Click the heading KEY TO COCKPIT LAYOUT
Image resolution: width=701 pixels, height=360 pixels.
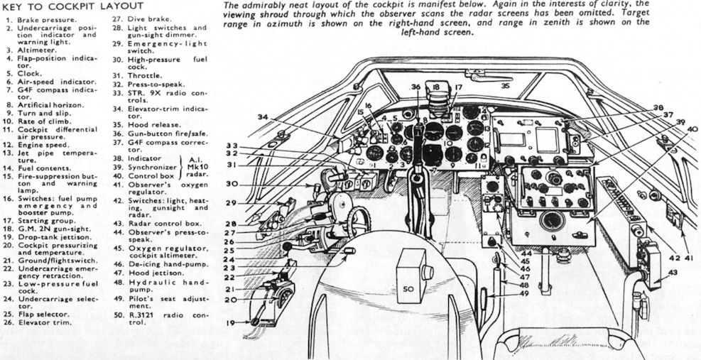66,6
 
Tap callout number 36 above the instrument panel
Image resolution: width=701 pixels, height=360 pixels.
416,88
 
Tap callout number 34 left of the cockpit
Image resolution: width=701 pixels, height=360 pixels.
263,116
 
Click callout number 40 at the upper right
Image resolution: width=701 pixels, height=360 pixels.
692,129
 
